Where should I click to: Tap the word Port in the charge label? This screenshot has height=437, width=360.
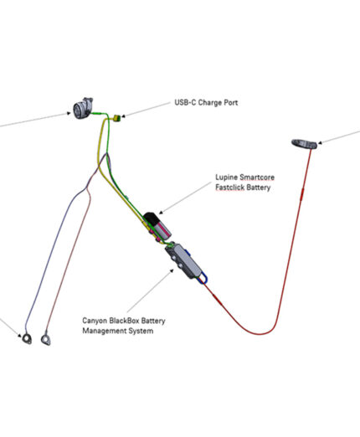point(230,103)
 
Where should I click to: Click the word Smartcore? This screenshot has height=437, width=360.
point(257,177)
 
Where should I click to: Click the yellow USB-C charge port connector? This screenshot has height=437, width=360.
point(116,118)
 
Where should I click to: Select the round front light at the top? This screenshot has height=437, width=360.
point(83,108)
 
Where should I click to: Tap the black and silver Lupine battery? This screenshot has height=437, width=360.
point(157,226)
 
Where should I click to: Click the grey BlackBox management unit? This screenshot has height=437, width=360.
point(183,260)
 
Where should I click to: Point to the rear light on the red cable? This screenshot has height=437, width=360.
point(304,144)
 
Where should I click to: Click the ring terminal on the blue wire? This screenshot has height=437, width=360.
point(27,338)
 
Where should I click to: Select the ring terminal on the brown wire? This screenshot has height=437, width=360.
point(46,339)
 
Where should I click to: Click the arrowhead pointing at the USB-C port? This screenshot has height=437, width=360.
point(123,116)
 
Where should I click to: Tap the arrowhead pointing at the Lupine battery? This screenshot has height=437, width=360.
point(161,213)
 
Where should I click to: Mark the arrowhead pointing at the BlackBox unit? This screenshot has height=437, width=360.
point(172,270)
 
